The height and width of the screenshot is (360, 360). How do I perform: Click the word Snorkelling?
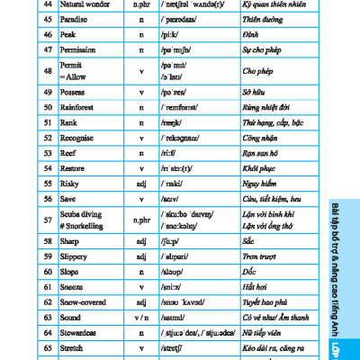(85, 225)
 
